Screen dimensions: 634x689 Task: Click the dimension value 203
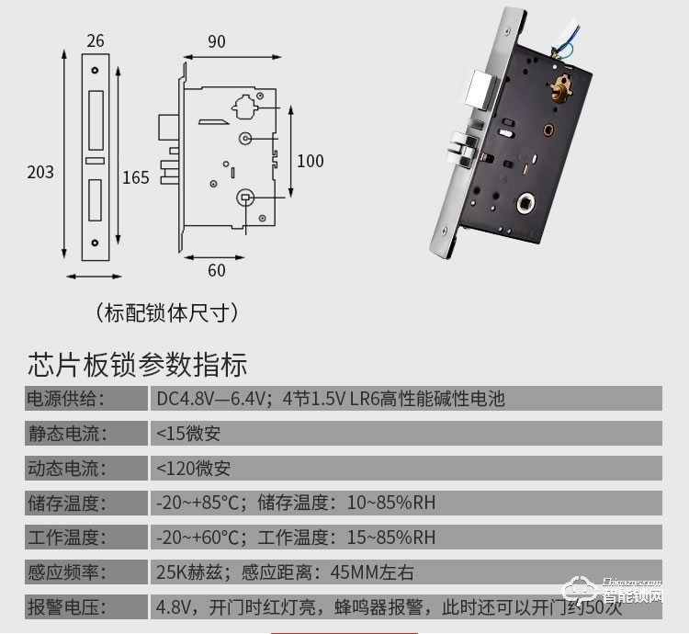pyautogui.click(x=40, y=172)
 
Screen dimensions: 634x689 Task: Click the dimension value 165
pyautogui.click(x=135, y=177)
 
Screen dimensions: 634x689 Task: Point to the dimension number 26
pyautogui.click(x=96, y=41)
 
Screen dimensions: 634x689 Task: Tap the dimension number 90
pyautogui.click(x=217, y=41)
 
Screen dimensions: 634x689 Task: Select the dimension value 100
pyautogui.click(x=310, y=161)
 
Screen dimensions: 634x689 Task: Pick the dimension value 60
pyautogui.click(x=216, y=270)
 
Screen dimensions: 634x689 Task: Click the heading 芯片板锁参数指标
pyautogui.click(x=138, y=364)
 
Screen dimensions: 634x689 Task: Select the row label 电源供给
pyautogui.click(x=64, y=399)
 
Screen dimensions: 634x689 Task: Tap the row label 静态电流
pyautogui.click(x=64, y=433)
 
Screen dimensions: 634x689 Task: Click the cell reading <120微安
pyautogui.click(x=193, y=468)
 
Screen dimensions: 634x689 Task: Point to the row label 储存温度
pyautogui.click(x=64, y=503)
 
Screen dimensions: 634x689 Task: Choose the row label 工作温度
pyautogui.click(x=64, y=538)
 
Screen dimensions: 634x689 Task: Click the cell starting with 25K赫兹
pyautogui.click(x=285, y=572)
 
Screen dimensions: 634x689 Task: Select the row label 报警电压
pyautogui.click(x=64, y=607)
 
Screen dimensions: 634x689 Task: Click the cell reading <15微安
pyautogui.click(x=188, y=433)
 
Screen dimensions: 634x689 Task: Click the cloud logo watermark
pyautogui.click(x=581, y=591)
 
